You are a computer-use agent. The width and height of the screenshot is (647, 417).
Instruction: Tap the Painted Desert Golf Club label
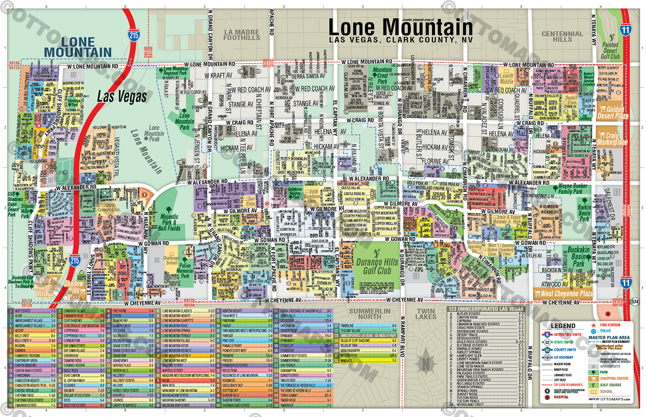click(610, 50)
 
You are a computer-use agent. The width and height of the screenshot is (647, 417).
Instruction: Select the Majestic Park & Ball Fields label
click(169, 222)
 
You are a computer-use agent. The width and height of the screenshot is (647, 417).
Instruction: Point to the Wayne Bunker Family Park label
click(573, 189)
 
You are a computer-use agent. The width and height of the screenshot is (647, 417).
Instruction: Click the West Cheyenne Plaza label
click(567, 293)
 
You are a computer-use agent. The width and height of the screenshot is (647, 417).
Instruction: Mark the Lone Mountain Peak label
click(154, 133)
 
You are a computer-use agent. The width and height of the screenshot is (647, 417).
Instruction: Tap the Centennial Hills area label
click(562, 37)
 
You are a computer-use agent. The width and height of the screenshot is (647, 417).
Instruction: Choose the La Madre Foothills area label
click(242, 35)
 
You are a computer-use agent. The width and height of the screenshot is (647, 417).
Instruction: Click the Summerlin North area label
click(369, 314)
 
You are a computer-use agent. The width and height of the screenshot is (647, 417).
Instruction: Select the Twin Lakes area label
click(426, 314)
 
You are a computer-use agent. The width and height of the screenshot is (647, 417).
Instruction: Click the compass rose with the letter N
click(426, 365)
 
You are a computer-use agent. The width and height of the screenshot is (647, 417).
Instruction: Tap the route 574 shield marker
click(635, 302)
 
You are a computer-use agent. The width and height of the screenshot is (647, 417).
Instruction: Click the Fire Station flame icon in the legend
click(593, 325)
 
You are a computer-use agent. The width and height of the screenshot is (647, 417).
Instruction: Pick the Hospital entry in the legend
click(561, 397)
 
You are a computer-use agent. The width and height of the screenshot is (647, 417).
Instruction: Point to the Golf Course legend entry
click(610, 385)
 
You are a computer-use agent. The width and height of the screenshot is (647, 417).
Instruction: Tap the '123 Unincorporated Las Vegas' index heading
click(486, 309)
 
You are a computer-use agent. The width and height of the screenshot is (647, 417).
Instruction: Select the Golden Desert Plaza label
click(612, 112)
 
